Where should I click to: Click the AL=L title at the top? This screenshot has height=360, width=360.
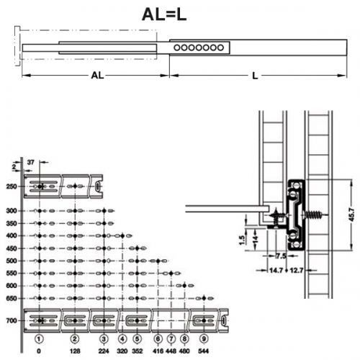[x=164, y=15]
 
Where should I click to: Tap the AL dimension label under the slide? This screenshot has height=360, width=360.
[x=97, y=76]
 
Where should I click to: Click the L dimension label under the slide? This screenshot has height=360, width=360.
[x=255, y=76]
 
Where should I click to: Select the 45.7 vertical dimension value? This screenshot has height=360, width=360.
[x=351, y=215]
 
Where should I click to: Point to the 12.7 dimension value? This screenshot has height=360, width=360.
[x=297, y=271]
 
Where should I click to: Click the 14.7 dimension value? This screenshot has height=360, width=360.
[x=276, y=271]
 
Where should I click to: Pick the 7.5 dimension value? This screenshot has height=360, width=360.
[x=281, y=256]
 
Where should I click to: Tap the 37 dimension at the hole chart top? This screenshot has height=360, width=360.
[x=31, y=163]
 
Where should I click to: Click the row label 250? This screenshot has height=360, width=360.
[x=12, y=186]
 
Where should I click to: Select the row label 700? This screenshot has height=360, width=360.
[x=12, y=320]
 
